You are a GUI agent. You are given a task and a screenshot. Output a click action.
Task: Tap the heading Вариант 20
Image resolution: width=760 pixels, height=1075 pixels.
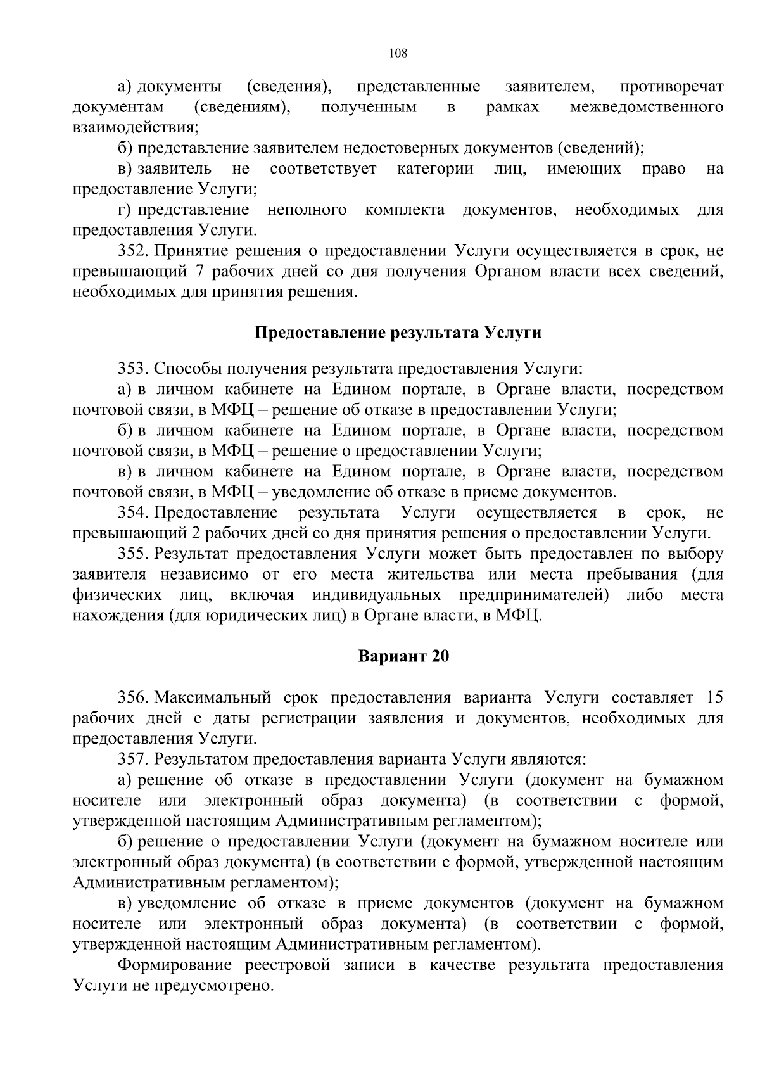coord(403,656)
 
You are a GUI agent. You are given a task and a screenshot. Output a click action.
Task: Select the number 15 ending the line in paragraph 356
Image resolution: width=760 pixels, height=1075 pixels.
coord(714,697)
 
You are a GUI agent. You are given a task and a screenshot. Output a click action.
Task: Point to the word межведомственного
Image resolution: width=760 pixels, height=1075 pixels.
coord(647,106)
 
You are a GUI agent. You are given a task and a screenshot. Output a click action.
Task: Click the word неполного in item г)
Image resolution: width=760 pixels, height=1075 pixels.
coord(307,210)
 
